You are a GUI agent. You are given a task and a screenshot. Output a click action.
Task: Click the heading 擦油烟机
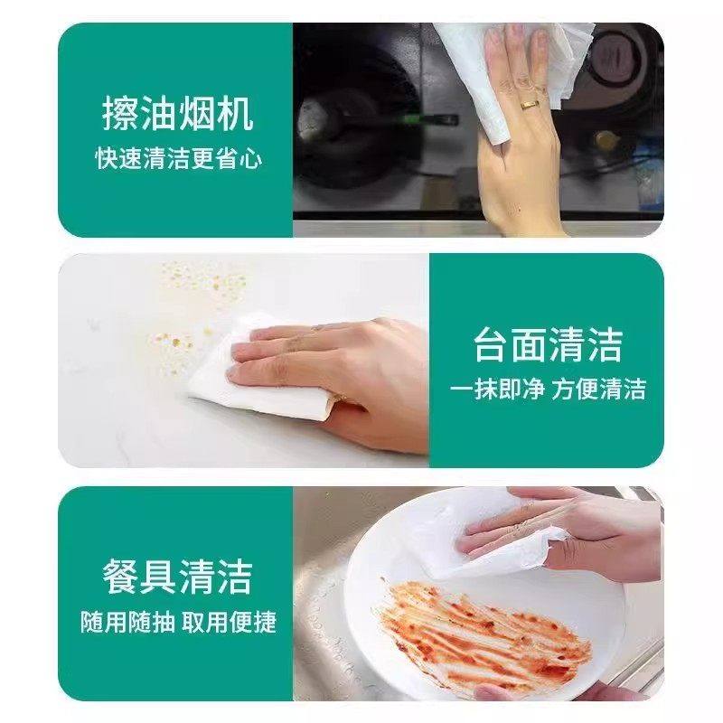coord(177,116)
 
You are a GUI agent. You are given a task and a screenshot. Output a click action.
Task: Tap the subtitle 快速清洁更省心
coord(179,159)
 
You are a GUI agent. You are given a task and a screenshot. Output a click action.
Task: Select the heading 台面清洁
coord(549,343)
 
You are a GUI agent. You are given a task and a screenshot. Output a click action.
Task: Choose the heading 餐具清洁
coord(177,576)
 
